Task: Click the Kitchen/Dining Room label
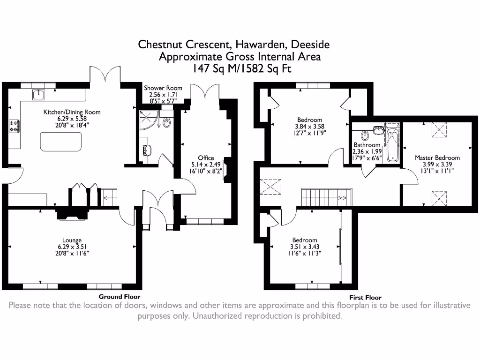(72, 112)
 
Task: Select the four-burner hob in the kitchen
(14, 126)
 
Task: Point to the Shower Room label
(163, 88)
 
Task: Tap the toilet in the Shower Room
(166, 122)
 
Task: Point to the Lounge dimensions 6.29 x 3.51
(72, 247)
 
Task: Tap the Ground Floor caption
(119, 297)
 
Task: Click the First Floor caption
(365, 297)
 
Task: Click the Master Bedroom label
(437, 157)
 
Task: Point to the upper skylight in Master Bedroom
(439, 132)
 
